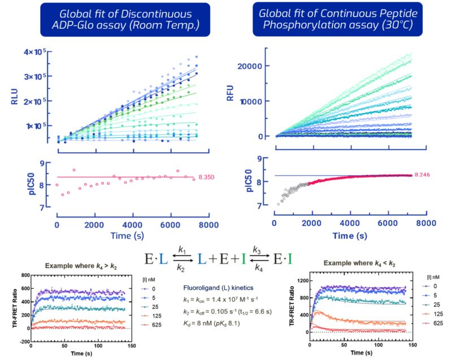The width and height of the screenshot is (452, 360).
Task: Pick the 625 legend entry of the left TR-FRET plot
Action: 153,331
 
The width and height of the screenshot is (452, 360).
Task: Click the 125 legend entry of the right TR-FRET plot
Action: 430,323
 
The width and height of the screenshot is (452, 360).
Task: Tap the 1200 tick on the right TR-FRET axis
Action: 298,281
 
